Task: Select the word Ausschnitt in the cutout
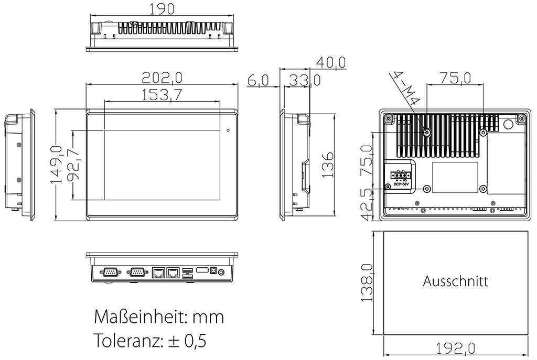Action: (455, 281)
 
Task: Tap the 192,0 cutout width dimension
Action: (455, 348)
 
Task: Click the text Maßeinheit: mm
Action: (158, 317)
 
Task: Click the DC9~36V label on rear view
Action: (401, 185)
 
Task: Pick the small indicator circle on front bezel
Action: (228, 129)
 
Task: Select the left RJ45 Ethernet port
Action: (158, 272)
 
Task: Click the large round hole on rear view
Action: (508, 125)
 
